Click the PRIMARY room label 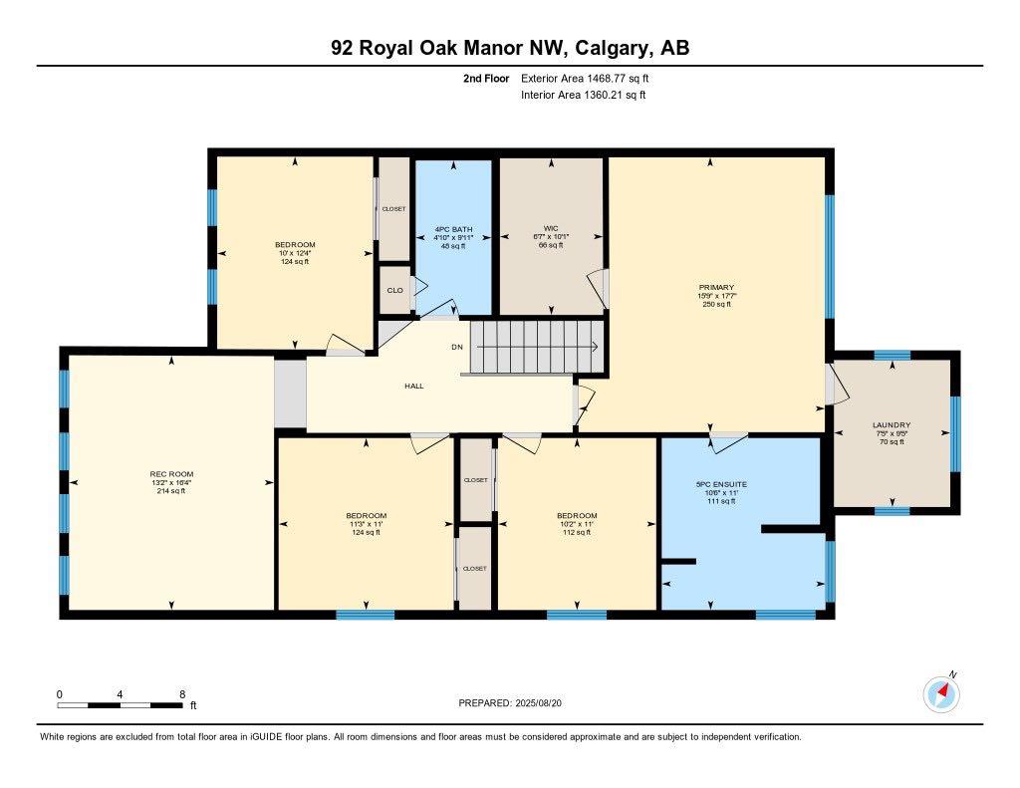point(716,287)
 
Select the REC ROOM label point(171,473)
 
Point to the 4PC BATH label point(453,229)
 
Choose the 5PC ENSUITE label point(721,484)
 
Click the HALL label point(414,386)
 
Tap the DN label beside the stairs point(457,347)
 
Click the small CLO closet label point(393,291)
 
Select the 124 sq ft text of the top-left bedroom point(295,262)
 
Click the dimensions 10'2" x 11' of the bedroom point(577,524)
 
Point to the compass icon point(940,694)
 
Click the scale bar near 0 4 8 point(120,704)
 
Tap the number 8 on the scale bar point(181,693)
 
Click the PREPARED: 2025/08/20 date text point(516,702)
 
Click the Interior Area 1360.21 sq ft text point(583,95)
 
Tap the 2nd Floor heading point(486,78)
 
